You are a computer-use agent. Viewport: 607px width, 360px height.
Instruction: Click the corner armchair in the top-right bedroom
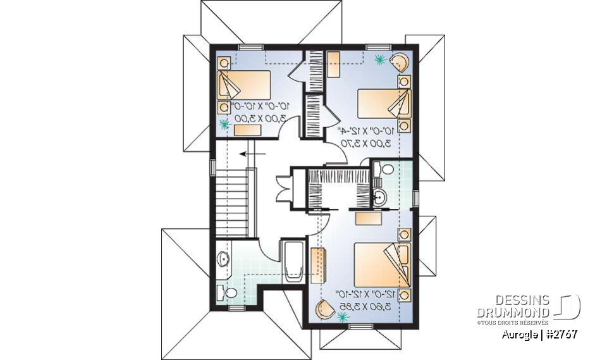400,63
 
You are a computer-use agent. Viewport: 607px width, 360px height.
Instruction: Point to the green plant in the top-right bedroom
380,59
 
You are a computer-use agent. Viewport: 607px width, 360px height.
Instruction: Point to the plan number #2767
563,334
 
